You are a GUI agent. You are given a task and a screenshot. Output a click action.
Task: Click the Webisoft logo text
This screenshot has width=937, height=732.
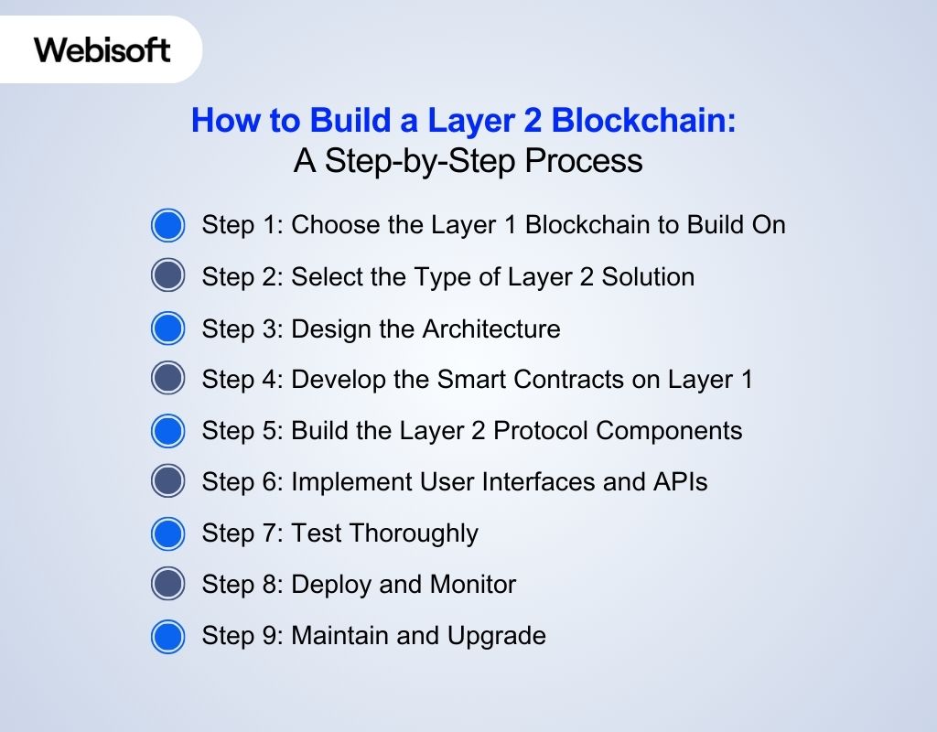click(x=102, y=48)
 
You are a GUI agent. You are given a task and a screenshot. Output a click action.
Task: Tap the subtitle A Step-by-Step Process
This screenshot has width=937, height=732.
click(x=468, y=161)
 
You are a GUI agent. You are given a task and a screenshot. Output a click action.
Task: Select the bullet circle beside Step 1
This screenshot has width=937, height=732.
click(x=167, y=225)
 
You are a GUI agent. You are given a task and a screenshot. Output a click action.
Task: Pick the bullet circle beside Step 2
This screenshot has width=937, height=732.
click(x=167, y=276)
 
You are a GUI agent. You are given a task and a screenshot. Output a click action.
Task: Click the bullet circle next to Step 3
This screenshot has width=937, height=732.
click(x=167, y=328)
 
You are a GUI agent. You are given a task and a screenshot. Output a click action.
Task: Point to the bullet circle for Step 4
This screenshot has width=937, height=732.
click(x=167, y=380)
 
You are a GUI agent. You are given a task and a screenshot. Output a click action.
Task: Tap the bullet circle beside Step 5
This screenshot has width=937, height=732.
click(x=167, y=431)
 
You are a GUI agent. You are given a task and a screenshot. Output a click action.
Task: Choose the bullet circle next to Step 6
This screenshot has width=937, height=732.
click(x=167, y=482)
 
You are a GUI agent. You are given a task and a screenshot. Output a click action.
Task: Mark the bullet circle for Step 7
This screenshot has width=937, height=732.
click(x=167, y=533)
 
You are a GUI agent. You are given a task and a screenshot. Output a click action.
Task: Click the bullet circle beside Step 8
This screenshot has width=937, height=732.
click(x=167, y=585)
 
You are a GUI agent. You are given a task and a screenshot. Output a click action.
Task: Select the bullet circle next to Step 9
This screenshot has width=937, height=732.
click(x=167, y=636)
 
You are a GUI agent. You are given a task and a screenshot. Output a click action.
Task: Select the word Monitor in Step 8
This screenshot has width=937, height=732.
click(x=469, y=584)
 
